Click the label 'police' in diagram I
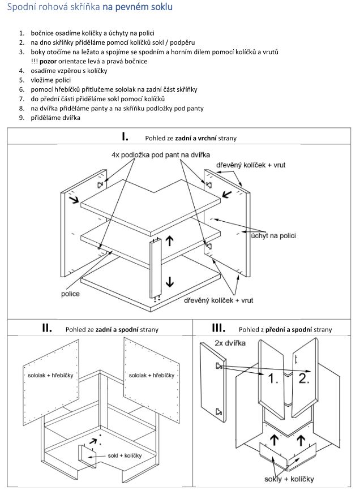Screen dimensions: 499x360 pos(70,294)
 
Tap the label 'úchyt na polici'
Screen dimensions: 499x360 pos(273,235)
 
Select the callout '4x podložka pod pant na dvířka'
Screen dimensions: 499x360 pos(161,154)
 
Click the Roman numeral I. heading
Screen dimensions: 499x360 pos(125,136)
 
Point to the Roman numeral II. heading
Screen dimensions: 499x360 pos(47,328)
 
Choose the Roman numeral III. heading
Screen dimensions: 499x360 pos(218,328)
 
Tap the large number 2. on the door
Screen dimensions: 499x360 pos(303,378)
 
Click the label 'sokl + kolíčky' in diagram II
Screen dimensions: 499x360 pos(126,455)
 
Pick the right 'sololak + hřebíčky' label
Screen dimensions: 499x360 pos(152,375)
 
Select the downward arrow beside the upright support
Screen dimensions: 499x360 pos(169,281)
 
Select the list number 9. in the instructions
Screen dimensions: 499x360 pos(21,118)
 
